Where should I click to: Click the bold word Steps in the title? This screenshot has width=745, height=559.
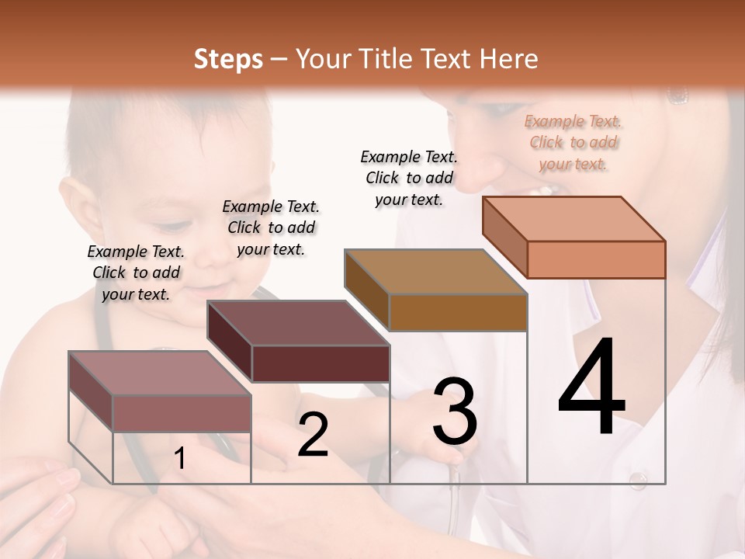(228, 59)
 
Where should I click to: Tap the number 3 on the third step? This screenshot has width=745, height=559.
(455, 411)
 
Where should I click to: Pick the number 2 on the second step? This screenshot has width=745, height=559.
(313, 436)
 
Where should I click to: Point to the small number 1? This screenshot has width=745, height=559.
(179, 458)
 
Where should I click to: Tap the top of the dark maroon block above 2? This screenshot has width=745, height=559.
(299, 323)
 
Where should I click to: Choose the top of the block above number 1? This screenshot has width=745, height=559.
(160, 373)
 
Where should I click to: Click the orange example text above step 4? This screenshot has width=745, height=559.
(573, 143)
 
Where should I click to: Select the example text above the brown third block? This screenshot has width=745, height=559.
(409, 178)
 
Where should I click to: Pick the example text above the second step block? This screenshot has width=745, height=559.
(271, 227)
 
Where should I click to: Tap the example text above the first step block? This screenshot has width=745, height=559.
(136, 273)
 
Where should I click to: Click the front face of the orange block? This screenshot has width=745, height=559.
(596, 259)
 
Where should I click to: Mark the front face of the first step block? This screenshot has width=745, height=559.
(182, 413)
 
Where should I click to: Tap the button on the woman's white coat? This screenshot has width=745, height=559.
(638, 480)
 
